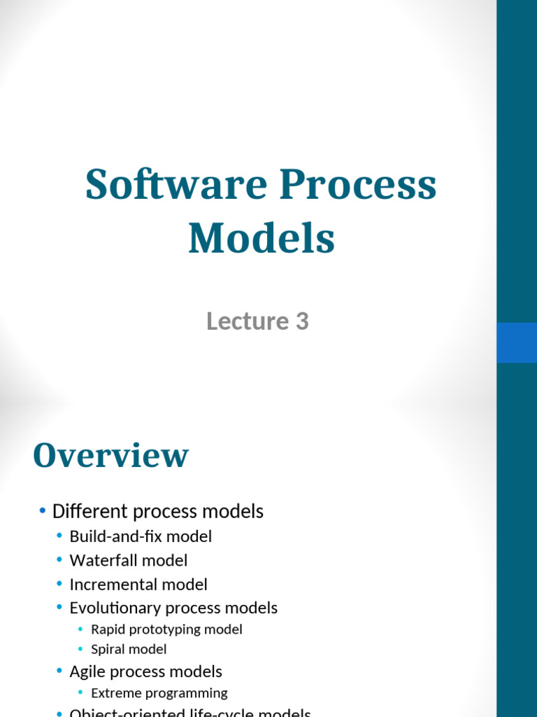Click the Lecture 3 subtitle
tap(257, 321)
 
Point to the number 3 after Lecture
tap(301, 321)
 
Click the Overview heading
tap(110, 456)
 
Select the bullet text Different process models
tap(157, 512)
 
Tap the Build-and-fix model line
tap(141, 536)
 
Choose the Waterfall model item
tap(129, 560)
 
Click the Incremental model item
tap(138, 584)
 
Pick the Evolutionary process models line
tap(173, 608)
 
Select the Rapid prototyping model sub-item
tap(166, 629)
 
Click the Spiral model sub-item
tap(129, 650)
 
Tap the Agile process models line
tap(145, 671)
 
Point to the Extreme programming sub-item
tap(159, 693)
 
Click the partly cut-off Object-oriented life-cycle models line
tap(189, 713)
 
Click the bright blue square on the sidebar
tap(517, 342)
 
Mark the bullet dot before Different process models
tap(43, 512)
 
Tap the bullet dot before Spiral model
tap(81, 650)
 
